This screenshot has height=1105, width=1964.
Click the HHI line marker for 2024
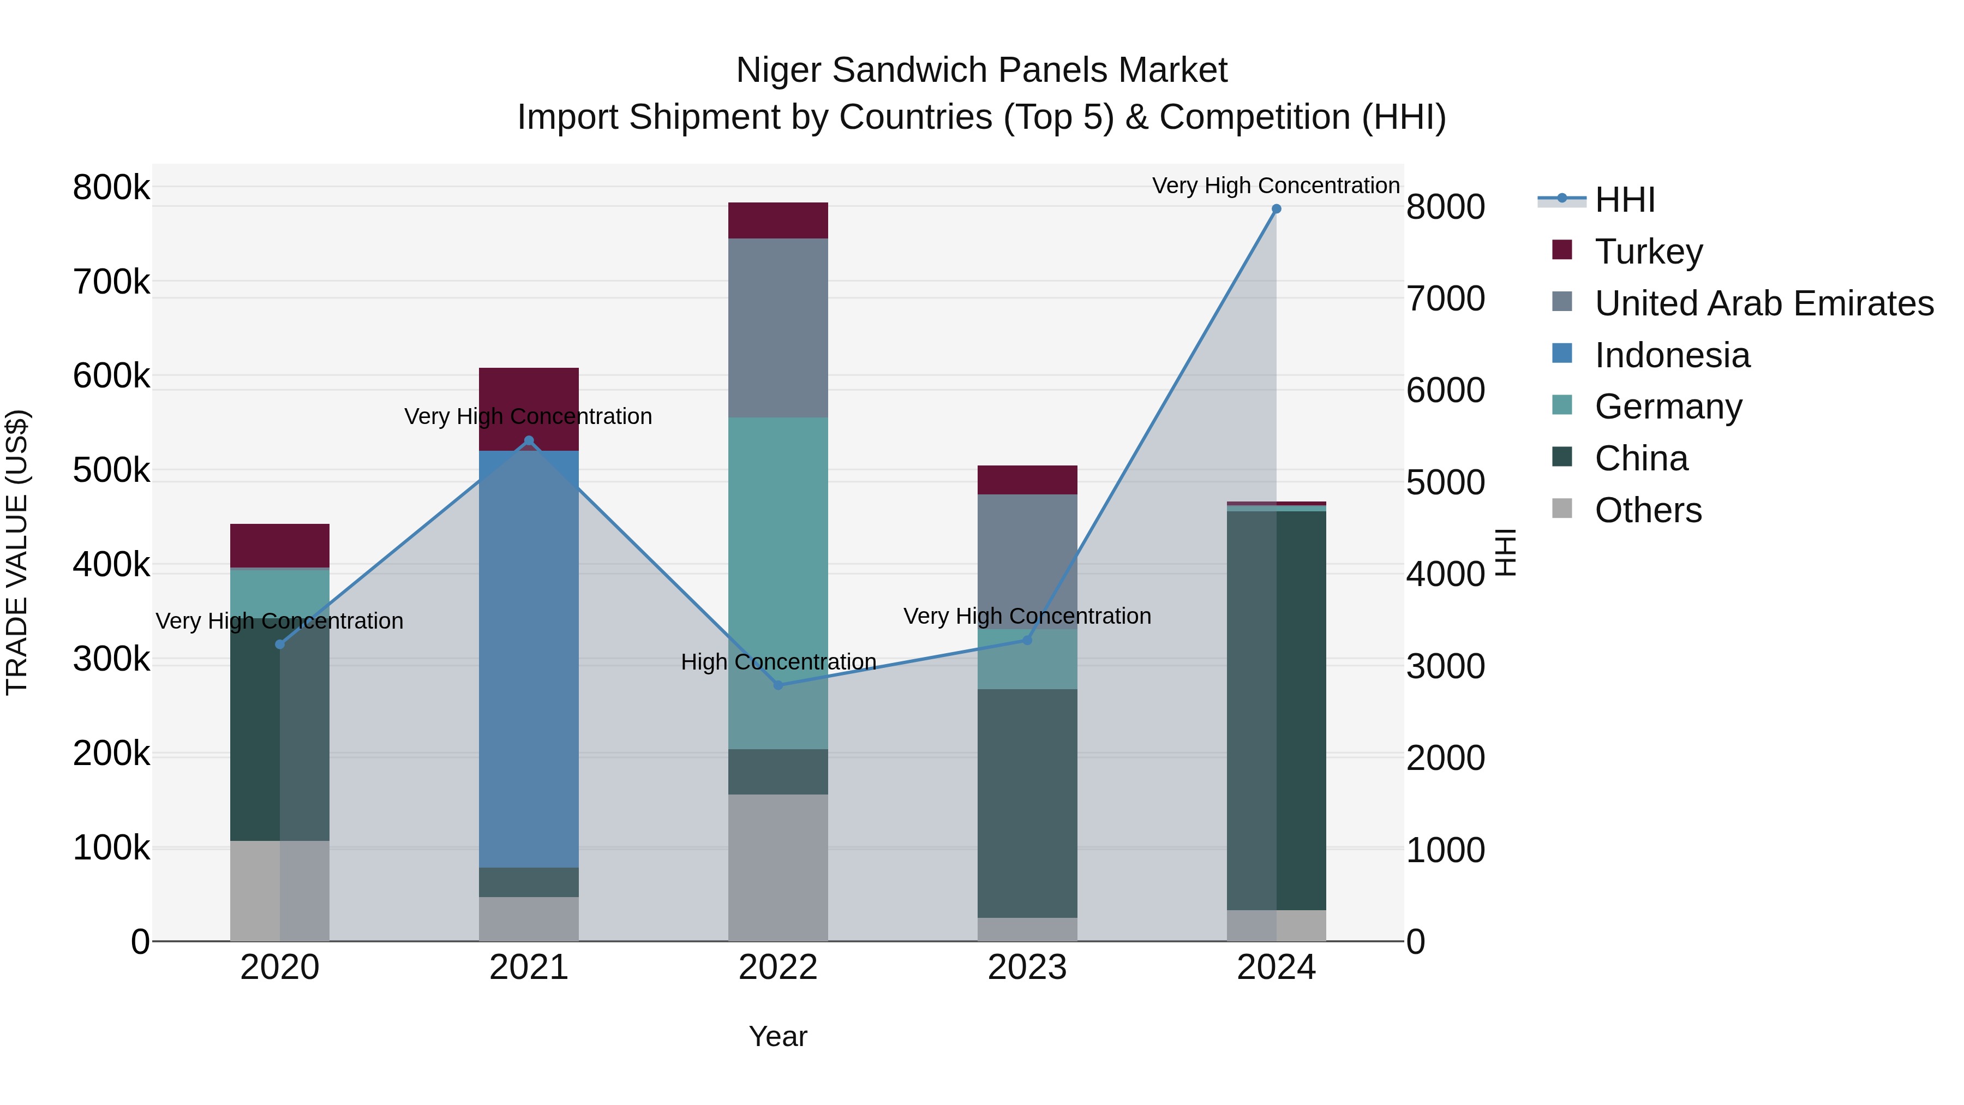pos(1276,209)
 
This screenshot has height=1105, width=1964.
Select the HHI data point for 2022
pos(777,685)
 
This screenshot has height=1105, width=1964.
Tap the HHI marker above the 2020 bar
pos(280,644)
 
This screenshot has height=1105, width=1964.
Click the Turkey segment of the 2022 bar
pos(777,220)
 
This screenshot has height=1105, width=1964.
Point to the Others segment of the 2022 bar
pos(777,867)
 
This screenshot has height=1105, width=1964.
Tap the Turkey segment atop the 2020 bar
pos(280,545)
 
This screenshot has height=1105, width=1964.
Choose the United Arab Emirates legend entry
pos(1763,303)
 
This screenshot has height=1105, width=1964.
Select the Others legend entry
pos(1648,510)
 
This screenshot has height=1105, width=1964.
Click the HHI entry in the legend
pos(1624,200)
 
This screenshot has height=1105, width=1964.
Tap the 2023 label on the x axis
pos(1027,967)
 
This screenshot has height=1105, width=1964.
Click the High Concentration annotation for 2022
pos(777,662)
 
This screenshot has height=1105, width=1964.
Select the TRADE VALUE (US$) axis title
pos(17,552)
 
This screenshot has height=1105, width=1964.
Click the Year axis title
pos(777,1036)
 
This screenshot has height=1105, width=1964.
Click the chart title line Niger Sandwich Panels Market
pos(981,70)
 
